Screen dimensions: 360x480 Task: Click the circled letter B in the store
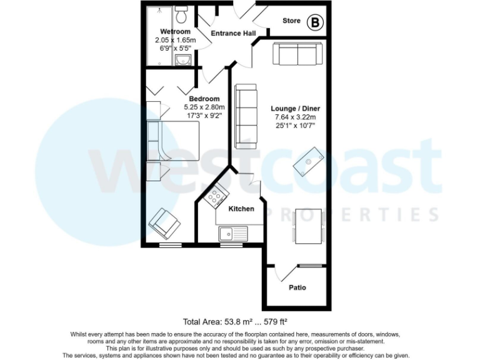[315, 23]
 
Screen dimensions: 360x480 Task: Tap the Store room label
[291, 21]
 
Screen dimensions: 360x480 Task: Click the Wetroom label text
[175, 31]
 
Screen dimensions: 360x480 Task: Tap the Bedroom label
[204, 99]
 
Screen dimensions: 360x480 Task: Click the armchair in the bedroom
[164, 221]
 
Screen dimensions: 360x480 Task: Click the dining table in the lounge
[308, 226]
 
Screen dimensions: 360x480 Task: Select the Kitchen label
[241, 209]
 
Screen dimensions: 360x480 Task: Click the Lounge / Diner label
[296, 108]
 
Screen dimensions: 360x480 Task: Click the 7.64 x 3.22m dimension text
[295, 117]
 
